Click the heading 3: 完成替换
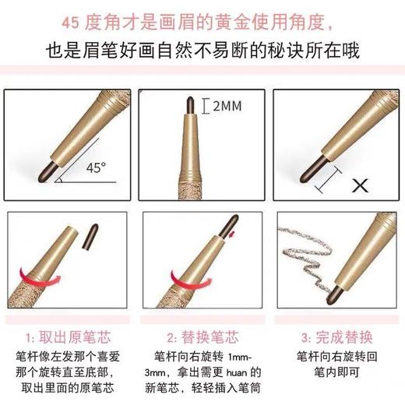tap(336, 339)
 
